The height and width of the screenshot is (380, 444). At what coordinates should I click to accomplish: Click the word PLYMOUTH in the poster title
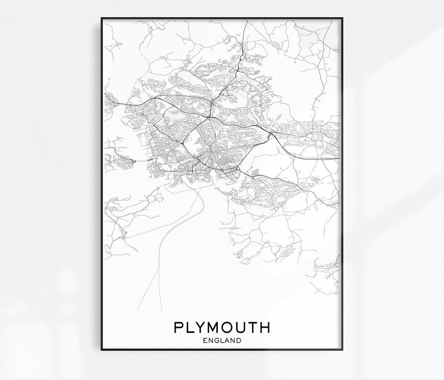pos(222,327)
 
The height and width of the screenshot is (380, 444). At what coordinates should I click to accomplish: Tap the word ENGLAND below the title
pos(222,341)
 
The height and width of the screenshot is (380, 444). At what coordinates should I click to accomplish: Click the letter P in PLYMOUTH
pos(179,327)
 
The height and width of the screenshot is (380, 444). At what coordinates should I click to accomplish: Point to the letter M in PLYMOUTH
pos(215,327)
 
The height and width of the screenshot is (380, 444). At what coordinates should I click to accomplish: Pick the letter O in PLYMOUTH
pos(230,327)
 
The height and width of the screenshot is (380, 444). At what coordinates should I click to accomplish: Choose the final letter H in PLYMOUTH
pos(265,327)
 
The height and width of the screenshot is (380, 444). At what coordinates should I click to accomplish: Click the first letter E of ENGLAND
pos(205,341)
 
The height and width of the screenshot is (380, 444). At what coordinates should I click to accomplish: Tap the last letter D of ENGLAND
pos(238,341)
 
